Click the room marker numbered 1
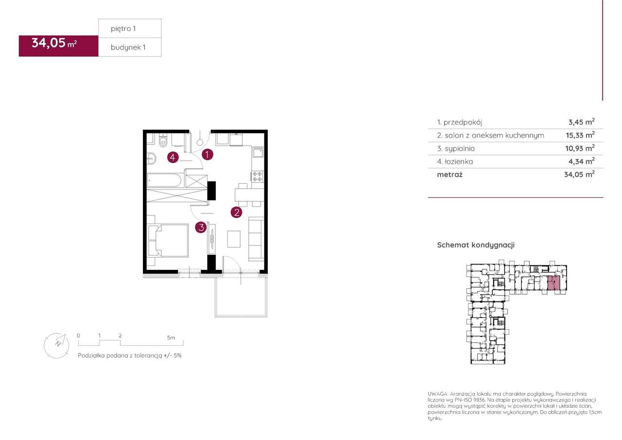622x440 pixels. pos(207,155)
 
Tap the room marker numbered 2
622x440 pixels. pos(237,212)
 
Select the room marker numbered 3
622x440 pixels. pos(201,227)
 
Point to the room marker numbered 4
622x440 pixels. pos(173,158)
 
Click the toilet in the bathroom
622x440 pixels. pos(163,141)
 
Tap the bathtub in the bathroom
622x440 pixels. pos(165,180)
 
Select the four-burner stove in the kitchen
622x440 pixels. pos(258,176)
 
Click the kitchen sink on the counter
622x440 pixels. pos(258,152)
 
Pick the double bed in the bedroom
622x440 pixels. pos(168,240)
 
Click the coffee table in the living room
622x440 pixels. pos(234,239)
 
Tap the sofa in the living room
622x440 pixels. pos(256,239)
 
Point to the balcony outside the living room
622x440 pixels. pos(241,297)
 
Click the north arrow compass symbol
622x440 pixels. pos(57,345)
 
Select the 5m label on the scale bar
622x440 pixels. pos(171,338)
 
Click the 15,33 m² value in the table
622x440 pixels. pos(580,135)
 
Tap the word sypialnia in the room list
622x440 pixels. pos(460,149)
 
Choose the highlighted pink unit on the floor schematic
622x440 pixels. pos(553,283)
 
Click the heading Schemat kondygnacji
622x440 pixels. pos(476,245)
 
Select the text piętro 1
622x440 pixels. pos(123,29)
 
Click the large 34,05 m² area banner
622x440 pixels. pos(58,46)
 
